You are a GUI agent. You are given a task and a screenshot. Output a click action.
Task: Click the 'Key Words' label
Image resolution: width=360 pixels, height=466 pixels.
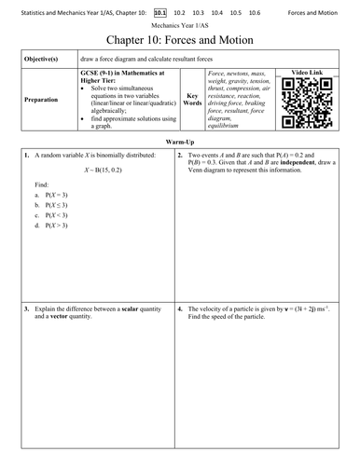[x=191, y=99]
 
